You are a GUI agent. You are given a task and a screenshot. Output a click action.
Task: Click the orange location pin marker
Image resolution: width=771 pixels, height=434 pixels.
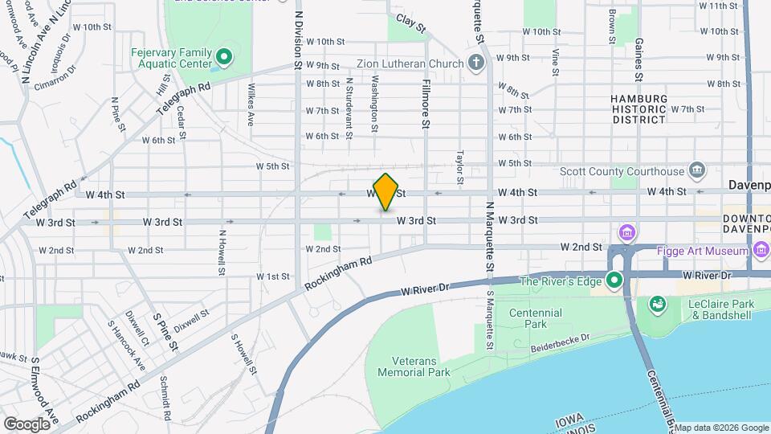point(386,193)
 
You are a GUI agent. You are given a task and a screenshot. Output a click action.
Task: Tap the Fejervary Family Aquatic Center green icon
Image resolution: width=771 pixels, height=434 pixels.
point(225,58)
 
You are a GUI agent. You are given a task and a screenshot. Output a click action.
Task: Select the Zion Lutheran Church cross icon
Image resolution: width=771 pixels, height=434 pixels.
point(476,63)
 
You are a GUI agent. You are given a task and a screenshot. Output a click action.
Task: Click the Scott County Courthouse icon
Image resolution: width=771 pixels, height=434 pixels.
point(696,170)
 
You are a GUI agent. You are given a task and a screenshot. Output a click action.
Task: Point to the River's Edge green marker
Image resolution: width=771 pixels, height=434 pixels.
point(615,280)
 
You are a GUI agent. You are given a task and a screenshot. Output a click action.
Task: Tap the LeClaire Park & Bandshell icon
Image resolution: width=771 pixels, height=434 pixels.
point(656,304)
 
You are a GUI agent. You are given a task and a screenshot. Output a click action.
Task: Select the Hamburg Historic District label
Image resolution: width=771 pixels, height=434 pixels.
point(638,108)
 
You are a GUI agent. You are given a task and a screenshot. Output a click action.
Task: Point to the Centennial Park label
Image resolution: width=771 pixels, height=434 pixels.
point(524,318)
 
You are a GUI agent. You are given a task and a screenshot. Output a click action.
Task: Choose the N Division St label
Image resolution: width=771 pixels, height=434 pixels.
point(298,40)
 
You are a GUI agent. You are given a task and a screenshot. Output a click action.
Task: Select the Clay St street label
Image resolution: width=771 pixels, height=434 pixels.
point(410,22)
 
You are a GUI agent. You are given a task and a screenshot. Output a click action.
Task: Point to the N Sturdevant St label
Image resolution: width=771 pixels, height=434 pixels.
point(349,108)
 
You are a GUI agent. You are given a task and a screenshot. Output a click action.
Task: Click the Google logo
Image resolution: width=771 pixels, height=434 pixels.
point(27,424)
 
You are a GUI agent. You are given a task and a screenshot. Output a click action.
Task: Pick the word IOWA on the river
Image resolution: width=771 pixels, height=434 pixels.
point(570,421)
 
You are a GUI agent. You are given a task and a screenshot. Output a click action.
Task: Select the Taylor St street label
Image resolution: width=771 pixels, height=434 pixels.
point(460,167)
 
